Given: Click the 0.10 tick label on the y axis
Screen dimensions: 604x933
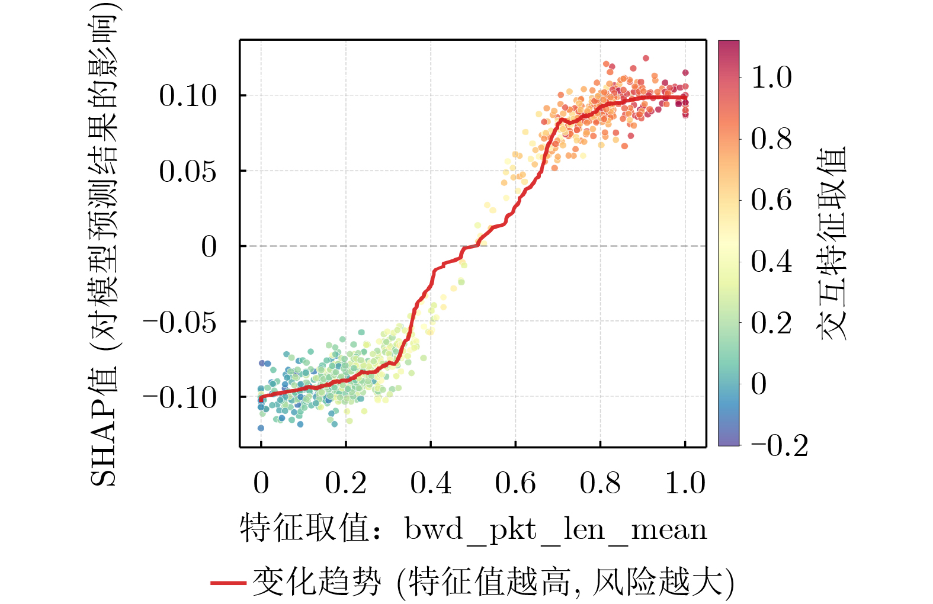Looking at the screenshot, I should [x=188, y=96].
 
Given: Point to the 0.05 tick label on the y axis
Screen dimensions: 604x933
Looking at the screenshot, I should [x=188, y=172].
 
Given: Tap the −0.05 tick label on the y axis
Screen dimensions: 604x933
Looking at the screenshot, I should [x=179, y=322].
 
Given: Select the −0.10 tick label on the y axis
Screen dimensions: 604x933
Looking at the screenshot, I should [x=179, y=397].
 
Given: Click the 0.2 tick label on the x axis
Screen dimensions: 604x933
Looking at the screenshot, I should [x=346, y=483].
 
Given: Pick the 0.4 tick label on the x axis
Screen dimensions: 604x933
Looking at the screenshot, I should [x=431, y=483].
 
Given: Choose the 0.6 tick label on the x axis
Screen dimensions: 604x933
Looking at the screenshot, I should [x=515, y=483].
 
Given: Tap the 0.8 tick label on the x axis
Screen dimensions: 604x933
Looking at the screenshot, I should [x=600, y=483].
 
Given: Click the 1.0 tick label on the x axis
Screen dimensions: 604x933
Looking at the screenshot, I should [x=685, y=483].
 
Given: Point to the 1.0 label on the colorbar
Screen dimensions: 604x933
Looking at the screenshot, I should [x=771, y=78].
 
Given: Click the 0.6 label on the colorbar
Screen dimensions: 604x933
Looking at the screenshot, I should [x=771, y=200].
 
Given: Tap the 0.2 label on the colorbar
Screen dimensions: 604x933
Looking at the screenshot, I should [x=771, y=323].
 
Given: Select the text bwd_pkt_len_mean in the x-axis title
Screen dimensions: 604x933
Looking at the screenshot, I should [x=556, y=529].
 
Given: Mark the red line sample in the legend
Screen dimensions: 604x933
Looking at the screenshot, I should [x=228, y=583].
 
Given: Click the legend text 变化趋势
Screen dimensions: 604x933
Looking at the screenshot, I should [x=316, y=582].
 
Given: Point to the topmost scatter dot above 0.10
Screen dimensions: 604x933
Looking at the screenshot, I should [x=646, y=58].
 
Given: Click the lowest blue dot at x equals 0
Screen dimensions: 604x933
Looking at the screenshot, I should [x=261, y=428].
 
